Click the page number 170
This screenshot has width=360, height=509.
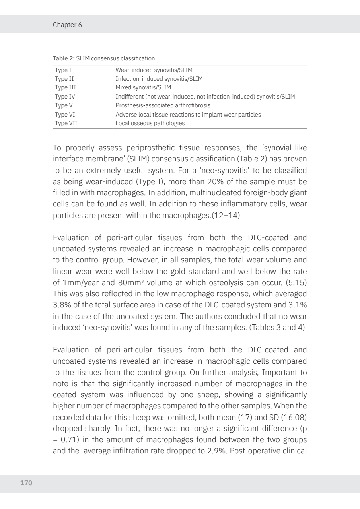(26, 483)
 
